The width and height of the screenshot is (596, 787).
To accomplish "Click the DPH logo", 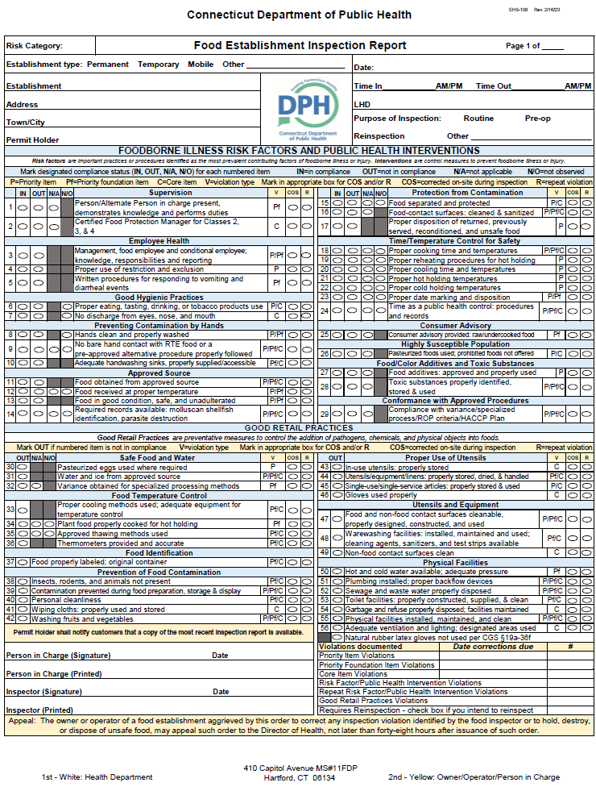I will pos(307,110).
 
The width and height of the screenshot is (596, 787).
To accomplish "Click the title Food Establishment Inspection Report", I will pos(300,46).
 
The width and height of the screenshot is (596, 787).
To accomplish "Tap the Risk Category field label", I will pos(34,47).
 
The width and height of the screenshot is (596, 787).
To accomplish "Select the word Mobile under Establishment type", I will pos(201,65).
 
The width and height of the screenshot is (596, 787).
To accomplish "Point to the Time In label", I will pos(368,86).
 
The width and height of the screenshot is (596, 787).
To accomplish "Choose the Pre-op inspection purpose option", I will pos(537,119).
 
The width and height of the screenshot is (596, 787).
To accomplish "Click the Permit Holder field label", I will pos(32,139).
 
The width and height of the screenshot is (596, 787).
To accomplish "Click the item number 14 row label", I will pos(10,414).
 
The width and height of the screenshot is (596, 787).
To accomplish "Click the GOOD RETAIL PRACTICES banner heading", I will pos(299,428).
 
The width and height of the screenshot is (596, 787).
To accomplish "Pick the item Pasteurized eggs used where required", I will pos(122,467).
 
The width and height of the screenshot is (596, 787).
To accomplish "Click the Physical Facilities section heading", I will pos(456,562).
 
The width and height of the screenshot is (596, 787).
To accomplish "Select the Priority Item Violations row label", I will pos(358,656).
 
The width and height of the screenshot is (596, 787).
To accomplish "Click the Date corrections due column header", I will pos(493,647).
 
